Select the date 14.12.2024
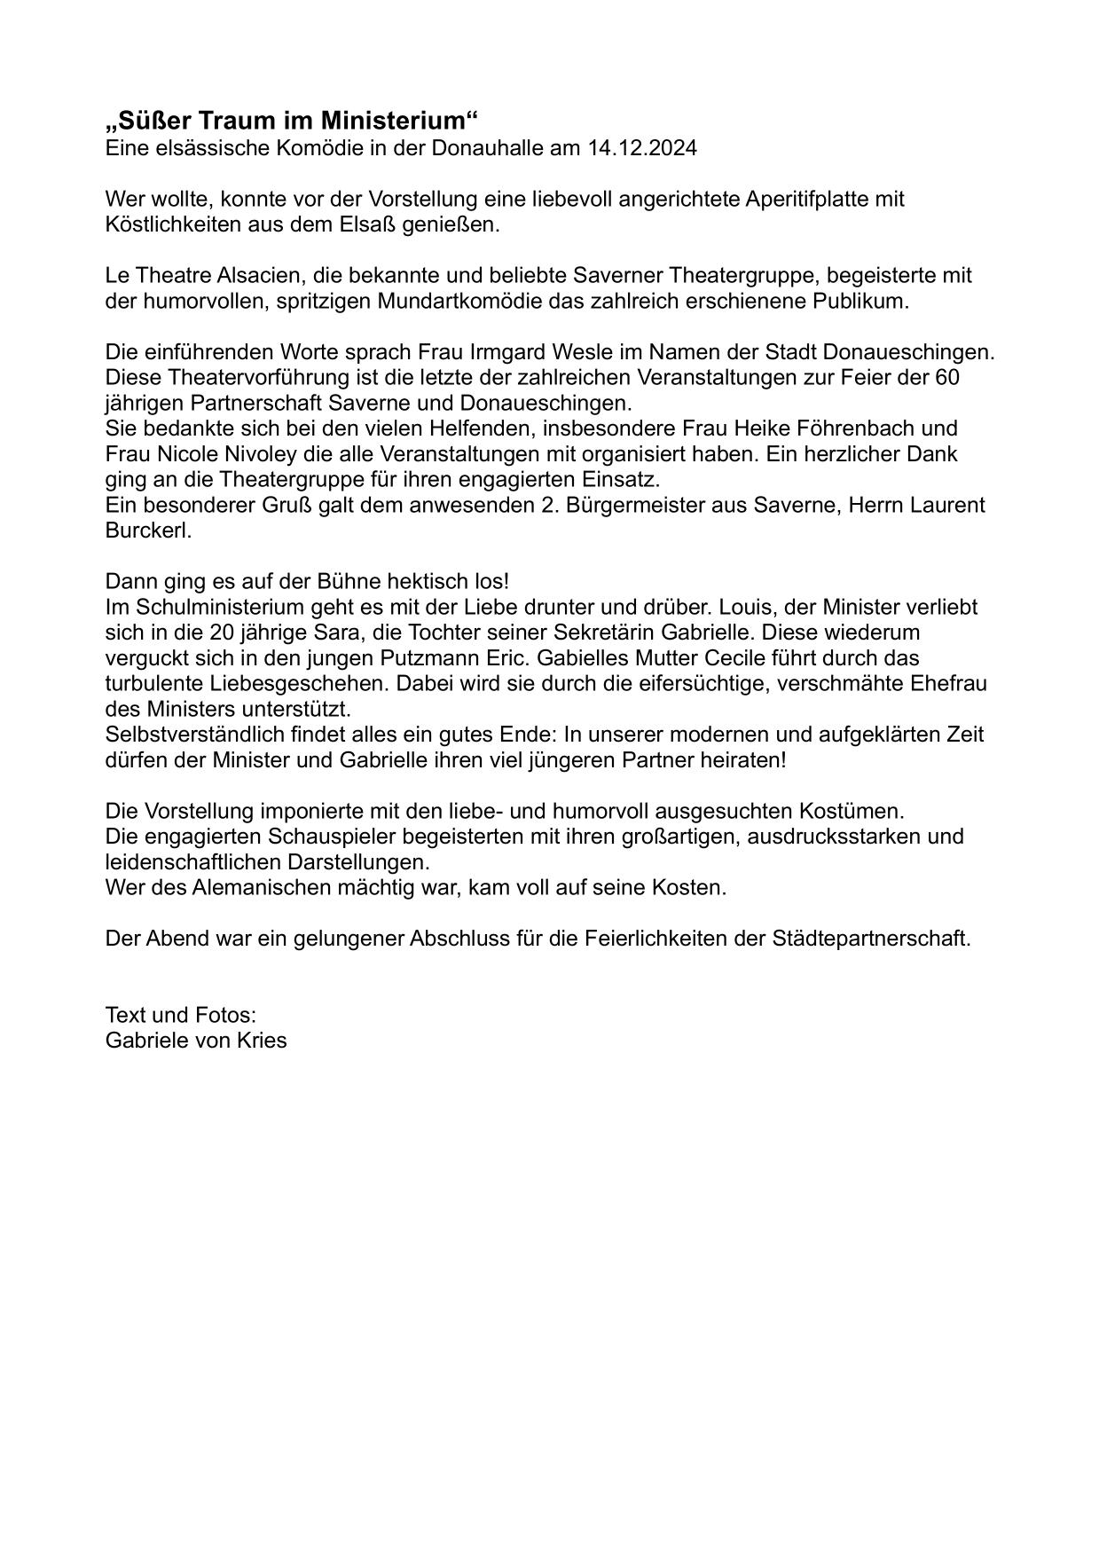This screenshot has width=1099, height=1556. (x=642, y=147)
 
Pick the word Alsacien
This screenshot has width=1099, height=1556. (x=255, y=275)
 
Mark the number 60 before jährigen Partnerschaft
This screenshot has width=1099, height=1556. (x=947, y=377)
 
